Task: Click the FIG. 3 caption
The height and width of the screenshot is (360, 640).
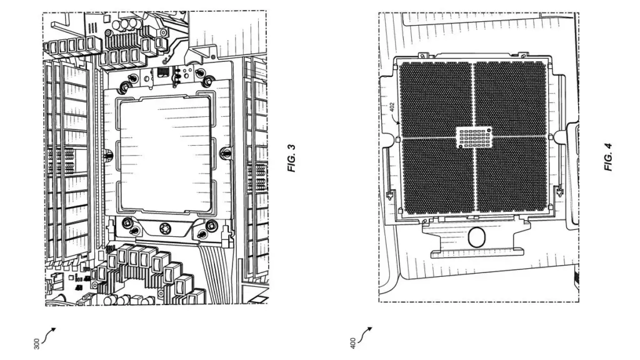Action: pos(291,159)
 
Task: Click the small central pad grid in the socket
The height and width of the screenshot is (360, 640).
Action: pos(474,137)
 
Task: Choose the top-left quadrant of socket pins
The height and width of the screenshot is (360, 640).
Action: pos(435,99)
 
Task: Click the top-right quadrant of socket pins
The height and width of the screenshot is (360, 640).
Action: pos(512,99)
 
